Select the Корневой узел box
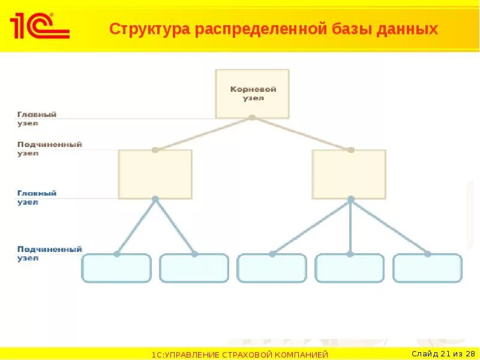252,93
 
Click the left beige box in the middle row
155,174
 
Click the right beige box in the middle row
349,174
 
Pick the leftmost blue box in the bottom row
116,268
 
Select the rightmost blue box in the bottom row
427,268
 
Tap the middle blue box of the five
272,268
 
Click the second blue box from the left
194,268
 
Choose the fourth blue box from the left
349,268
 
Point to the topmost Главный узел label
37,118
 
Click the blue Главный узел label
37,197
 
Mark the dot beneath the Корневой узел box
252,117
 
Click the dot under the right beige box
350,199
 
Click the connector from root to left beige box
203,133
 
